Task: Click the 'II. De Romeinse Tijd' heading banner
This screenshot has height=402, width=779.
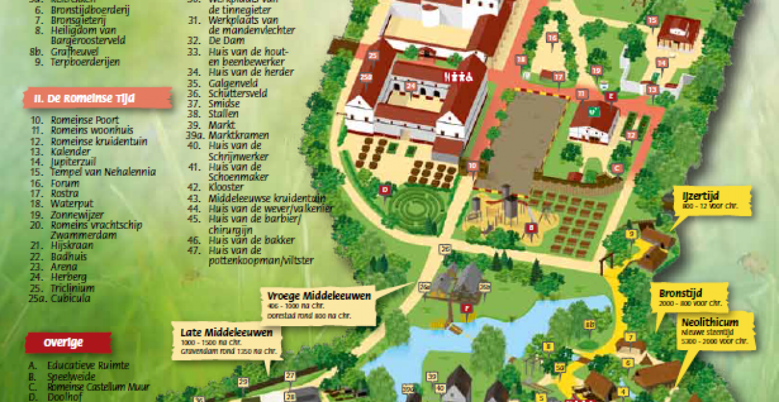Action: coord(97,99)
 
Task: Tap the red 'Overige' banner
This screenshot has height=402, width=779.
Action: coord(68,342)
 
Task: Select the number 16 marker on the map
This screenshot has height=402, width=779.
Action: coord(552,38)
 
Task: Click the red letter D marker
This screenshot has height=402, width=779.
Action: coord(386,190)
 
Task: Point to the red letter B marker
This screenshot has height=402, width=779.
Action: coord(531,228)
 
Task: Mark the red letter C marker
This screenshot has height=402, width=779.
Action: coord(617,168)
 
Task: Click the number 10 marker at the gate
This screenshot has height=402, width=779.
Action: coord(473,166)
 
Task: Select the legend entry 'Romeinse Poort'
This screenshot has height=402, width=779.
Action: coord(77,119)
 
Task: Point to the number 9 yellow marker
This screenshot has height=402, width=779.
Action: coord(630,233)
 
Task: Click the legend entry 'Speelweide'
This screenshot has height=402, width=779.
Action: coord(71,376)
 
